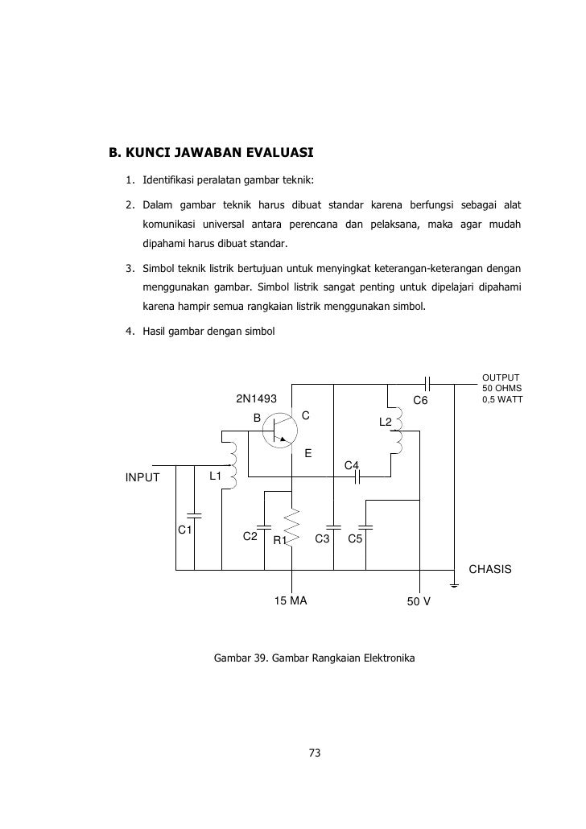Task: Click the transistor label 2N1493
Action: point(256,399)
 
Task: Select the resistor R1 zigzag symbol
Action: point(293,525)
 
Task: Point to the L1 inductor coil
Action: point(230,464)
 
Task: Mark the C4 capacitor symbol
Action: point(359,476)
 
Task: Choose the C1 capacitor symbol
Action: point(193,514)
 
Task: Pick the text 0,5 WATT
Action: point(501,398)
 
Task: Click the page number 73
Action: point(315,753)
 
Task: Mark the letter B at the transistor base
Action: point(258,419)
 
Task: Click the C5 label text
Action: point(356,538)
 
